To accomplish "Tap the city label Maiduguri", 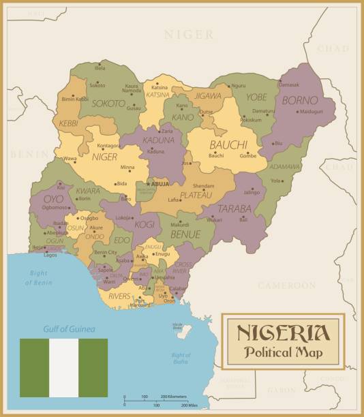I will (311, 110).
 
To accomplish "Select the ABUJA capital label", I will (160, 183).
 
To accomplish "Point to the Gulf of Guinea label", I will (63, 328).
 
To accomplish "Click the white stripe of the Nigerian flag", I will (63, 368).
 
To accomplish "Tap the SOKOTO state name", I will (108, 104).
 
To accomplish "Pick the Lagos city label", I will (50, 255).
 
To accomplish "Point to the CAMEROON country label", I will (287, 285).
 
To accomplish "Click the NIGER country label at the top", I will (189, 34).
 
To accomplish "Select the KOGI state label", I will (145, 223).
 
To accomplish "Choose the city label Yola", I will (275, 181).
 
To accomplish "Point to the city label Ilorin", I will (84, 198).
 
